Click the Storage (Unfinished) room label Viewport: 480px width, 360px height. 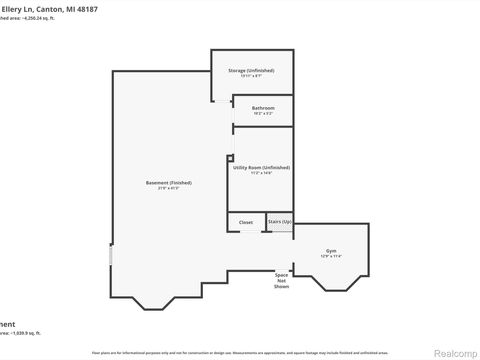point(251,71)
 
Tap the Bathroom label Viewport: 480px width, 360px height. point(263,107)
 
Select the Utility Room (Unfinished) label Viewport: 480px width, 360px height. point(254,168)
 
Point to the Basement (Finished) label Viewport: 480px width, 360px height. point(168,183)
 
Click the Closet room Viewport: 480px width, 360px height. point(246,222)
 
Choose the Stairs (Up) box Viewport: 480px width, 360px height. point(280,221)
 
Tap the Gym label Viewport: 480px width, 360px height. point(330,250)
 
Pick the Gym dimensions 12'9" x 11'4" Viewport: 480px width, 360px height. point(330,257)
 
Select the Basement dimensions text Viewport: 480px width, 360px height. point(168,189)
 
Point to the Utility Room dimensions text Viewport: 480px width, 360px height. point(254,174)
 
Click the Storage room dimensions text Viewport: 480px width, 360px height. point(251,77)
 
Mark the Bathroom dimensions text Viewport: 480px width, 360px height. point(263,113)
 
